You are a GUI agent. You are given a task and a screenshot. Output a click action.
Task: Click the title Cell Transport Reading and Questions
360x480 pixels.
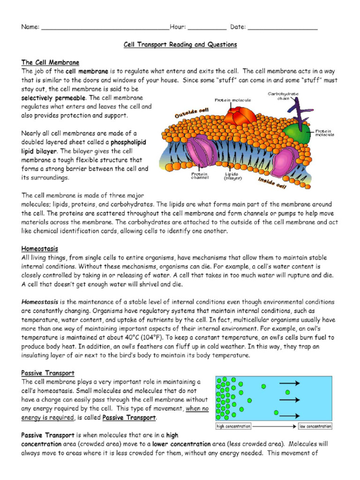click(x=180, y=45)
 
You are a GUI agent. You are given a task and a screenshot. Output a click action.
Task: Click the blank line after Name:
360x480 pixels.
click(x=105, y=28)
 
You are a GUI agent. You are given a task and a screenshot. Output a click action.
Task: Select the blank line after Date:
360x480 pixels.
click(x=282, y=28)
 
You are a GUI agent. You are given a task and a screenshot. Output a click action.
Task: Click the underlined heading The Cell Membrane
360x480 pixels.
click(x=50, y=62)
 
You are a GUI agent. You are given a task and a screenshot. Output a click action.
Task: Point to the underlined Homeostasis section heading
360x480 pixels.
click(x=40, y=248)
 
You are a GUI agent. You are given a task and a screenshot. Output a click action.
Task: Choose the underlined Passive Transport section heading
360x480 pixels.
click(x=48, y=373)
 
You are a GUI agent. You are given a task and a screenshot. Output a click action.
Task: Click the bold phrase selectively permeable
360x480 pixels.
click(x=53, y=98)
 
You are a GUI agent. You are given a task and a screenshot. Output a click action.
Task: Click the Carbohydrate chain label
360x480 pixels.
click(x=283, y=96)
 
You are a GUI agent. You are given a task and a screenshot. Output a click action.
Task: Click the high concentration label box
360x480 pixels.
click(x=233, y=426)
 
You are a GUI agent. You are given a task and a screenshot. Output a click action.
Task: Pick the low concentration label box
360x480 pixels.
click(x=315, y=426)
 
